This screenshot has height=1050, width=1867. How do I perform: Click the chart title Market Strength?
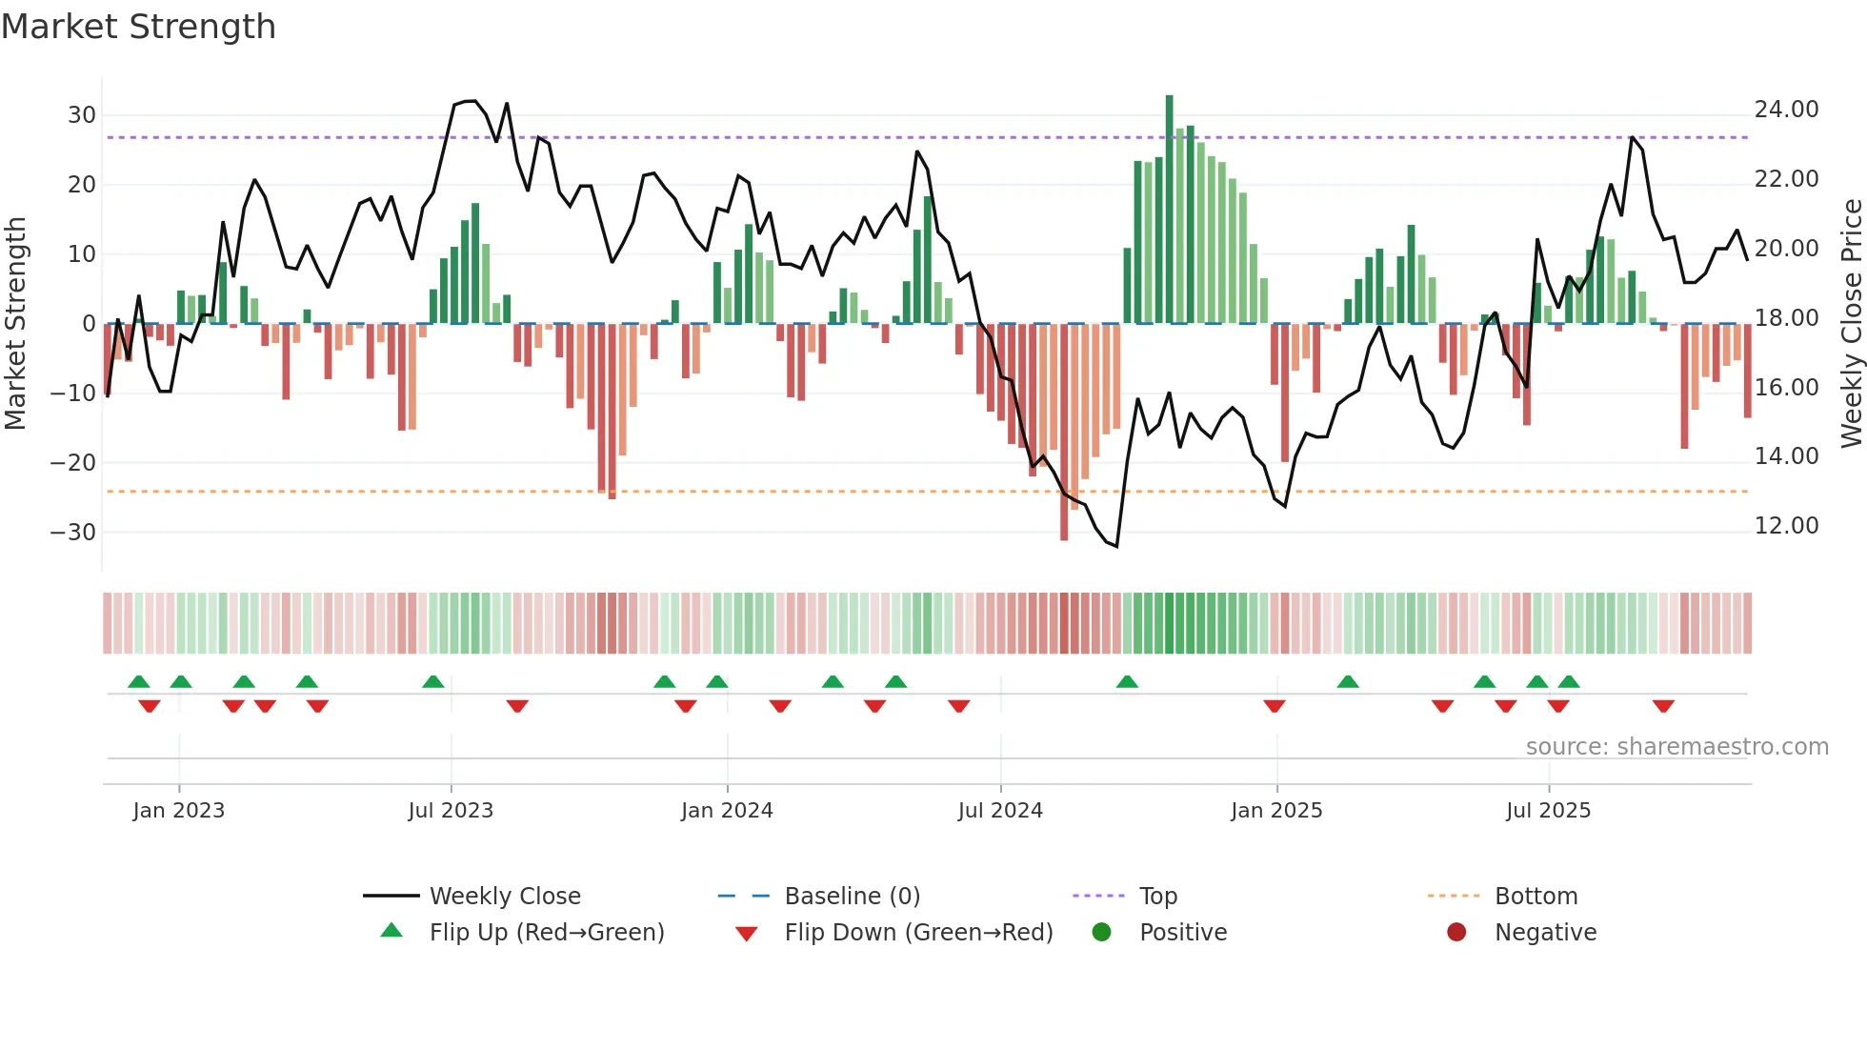(138, 27)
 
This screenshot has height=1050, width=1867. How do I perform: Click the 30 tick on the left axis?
(82, 115)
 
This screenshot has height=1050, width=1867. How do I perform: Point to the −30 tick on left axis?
(73, 533)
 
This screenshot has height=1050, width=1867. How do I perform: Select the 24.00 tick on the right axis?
(1786, 110)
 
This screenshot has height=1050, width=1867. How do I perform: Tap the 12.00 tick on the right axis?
(1786, 526)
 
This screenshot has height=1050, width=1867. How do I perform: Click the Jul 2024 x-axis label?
(1000, 811)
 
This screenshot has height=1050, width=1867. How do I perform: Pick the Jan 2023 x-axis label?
(179, 811)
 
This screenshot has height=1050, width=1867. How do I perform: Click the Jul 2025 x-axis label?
(1548, 811)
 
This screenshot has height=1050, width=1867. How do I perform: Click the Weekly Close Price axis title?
(1851, 324)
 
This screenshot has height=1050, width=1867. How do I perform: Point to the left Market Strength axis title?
(15, 324)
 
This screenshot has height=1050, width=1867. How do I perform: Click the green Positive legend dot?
(1102, 933)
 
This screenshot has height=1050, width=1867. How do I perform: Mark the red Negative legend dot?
(1456, 933)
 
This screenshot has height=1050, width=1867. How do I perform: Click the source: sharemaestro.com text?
(1676, 747)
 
